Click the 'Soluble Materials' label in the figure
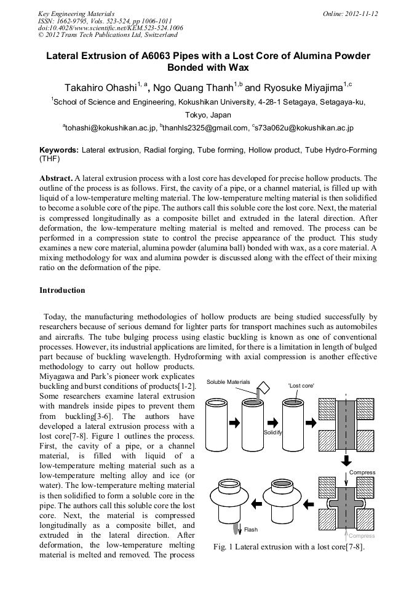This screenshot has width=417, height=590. coord(228,382)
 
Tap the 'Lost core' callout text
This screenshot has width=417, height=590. coord(301,386)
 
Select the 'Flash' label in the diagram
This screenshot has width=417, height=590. coord(251,529)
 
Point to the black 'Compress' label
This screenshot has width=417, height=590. coord(362,472)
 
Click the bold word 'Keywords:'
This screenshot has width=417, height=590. coord(59,150)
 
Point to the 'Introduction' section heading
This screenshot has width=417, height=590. coord(62,290)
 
